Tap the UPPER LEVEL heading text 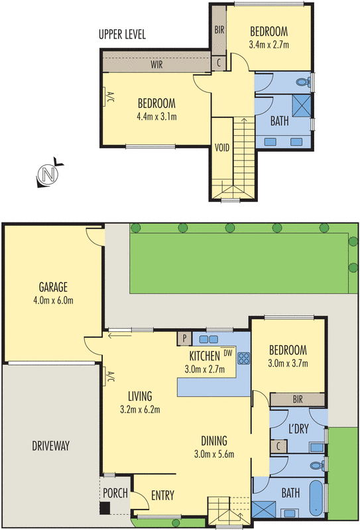click(x=121, y=34)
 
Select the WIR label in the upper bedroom click(x=157, y=65)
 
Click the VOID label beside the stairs click(x=222, y=147)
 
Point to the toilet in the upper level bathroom click(x=303, y=83)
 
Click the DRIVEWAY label click(x=50, y=445)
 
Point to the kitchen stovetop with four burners click(x=243, y=360)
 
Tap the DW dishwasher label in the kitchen click(x=227, y=353)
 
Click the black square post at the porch click(x=104, y=509)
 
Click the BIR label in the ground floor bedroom click(x=297, y=399)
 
